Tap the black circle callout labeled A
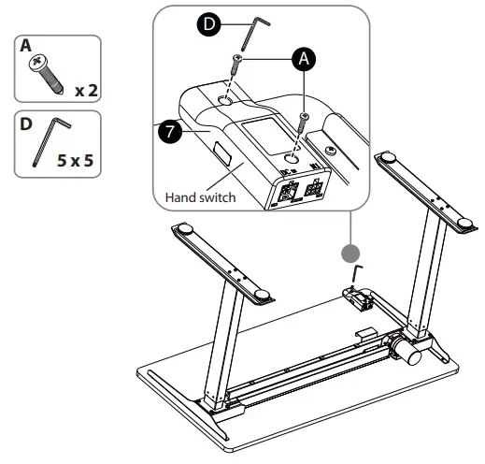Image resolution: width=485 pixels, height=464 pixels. (301, 58)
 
